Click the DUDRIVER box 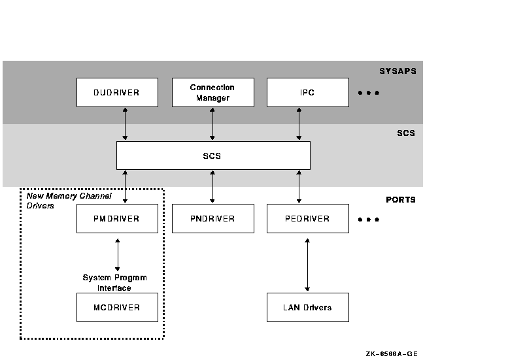pyautogui.click(x=117, y=93)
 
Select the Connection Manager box pyautogui.click(x=212, y=93)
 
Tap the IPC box pyautogui.click(x=307, y=93)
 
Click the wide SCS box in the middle pyautogui.click(x=213, y=155)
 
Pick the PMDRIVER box pyautogui.click(x=117, y=218)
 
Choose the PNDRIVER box pyautogui.click(x=212, y=218)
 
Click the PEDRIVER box pyautogui.click(x=307, y=218)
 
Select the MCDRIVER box pyautogui.click(x=117, y=307)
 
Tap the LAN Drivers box pyautogui.click(x=307, y=307)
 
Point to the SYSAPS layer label pyautogui.click(x=398, y=71)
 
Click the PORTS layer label pyautogui.click(x=400, y=199)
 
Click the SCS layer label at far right pyautogui.click(x=406, y=133)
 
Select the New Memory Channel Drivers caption pyautogui.click(x=69, y=201)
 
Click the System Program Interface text pyautogui.click(x=114, y=283)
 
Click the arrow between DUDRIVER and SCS pyautogui.click(x=125, y=124)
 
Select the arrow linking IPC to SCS pyautogui.click(x=299, y=124)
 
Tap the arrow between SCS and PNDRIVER pyautogui.click(x=212, y=186)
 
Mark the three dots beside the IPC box pyautogui.click(x=369, y=93)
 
